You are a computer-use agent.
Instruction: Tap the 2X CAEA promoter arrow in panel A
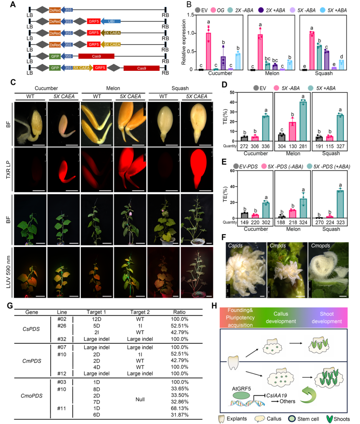(112, 33)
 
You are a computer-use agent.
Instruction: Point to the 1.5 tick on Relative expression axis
(192, 14)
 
